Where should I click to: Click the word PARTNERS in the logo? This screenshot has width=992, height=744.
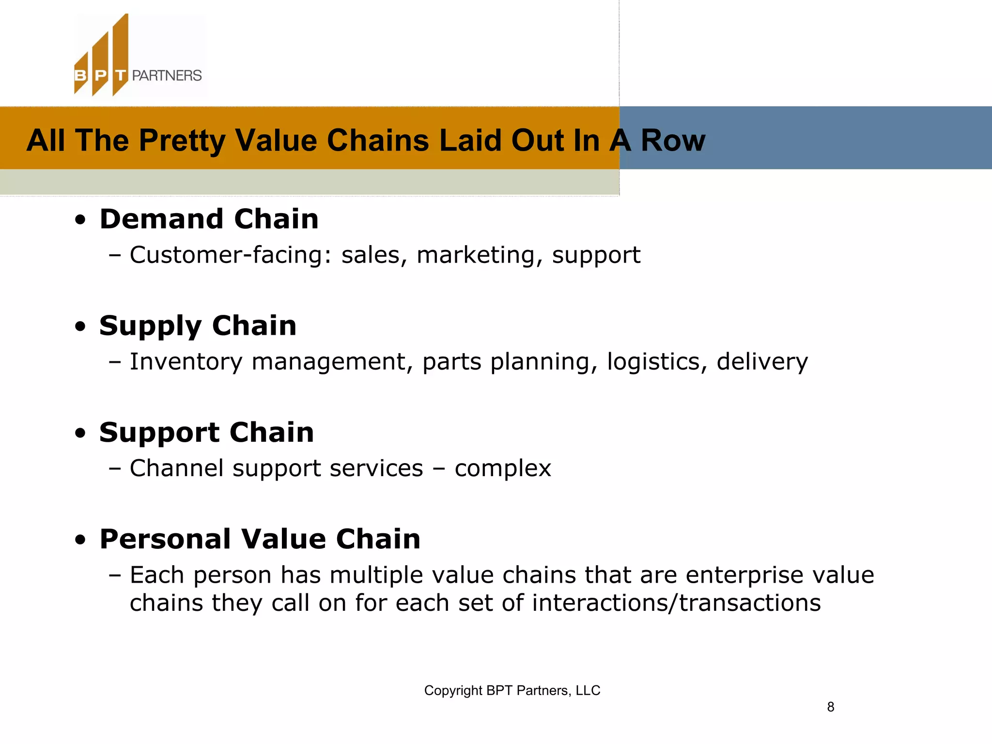pyautogui.click(x=167, y=76)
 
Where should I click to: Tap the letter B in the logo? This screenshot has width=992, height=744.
pyautogui.click(x=80, y=76)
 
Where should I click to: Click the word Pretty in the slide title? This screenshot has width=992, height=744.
pyautogui.click(x=182, y=140)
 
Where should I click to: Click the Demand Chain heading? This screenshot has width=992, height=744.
pyautogui.click(x=209, y=219)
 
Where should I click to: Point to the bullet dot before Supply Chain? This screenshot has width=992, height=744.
pyautogui.click(x=80, y=327)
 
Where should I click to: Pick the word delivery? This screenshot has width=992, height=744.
pyautogui.click(x=762, y=362)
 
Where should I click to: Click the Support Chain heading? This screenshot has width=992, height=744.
pyautogui.click(x=206, y=432)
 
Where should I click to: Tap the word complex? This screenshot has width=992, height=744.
pyautogui.click(x=502, y=468)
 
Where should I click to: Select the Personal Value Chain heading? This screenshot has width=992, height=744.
pyautogui.click(x=260, y=539)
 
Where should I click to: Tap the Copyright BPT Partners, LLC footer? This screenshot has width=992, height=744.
pyautogui.click(x=512, y=690)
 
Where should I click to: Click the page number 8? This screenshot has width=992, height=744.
pyautogui.click(x=830, y=707)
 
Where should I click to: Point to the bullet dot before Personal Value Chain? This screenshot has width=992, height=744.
pyautogui.click(x=80, y=540)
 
